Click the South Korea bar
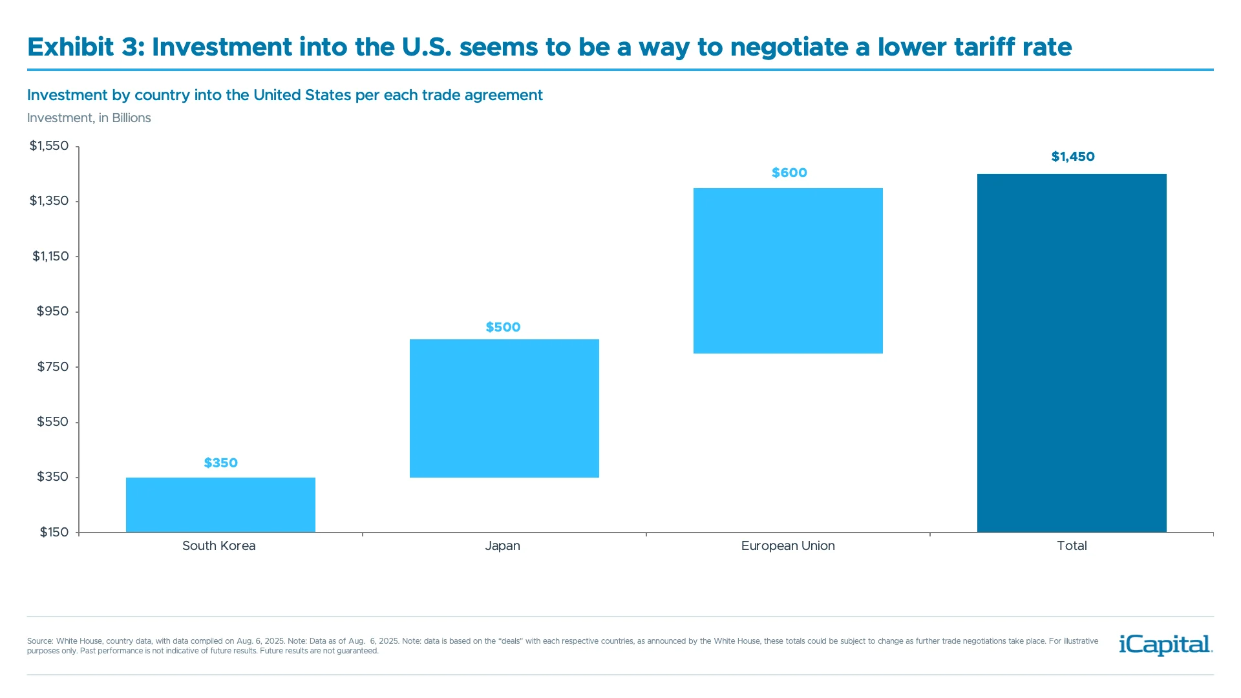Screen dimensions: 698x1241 click(x=220, y=505)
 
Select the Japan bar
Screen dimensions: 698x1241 click(x=504, y=408)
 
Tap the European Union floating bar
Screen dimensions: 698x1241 click(x=788, y=271)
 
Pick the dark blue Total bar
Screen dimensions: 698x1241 click(x=1072, y=353)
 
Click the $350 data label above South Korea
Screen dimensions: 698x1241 click(x=221, y=463)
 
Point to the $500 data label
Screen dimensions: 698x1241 click(x=503, y=327)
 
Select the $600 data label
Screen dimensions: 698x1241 click(x=789, y=173)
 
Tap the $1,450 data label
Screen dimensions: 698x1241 click(x=1073, y=156)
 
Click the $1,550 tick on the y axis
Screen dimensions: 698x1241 click(x=49, y=146)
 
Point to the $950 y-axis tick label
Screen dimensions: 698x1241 click(x=52, y=312)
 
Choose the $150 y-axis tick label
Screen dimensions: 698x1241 click(x=54, y=533)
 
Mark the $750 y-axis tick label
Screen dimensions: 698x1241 click(x=52, y=367)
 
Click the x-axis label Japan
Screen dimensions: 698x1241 click(x=502, y=546)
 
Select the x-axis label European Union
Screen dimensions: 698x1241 click(x=788, y=546)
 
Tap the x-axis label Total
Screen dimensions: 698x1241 click(x=1072, y=546)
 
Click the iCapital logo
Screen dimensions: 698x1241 click(x=1165, y=645)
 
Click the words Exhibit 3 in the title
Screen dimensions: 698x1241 click(x=86, y=47)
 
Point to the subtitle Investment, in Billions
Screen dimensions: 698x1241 click(x=89, y=118)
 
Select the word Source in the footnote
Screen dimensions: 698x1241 click(x=39, y=641)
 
